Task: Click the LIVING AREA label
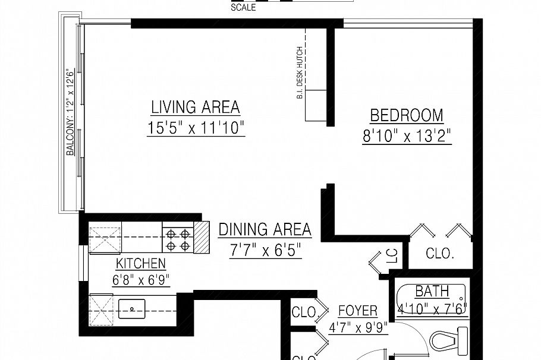(x=195, y=108)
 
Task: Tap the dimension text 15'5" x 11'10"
(x=196, y=128)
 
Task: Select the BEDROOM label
(x=407, y=115)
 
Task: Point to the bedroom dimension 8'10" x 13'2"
(x=407, y=137)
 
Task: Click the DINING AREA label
(x=265, y=229)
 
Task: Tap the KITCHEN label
(x=141, y=263)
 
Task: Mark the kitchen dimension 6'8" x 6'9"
(x=141, y=279)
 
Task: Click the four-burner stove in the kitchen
(x=178, y=239)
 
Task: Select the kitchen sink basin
(x=132, y=309)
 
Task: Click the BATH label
(x=432, y=292)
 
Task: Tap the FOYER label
(x=357, y=311)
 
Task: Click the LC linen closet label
(x=391, y=256)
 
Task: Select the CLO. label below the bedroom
(x=440, y=254)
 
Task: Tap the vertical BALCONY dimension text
(x=70, y=113)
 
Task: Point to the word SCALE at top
(x=243, y=8)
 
